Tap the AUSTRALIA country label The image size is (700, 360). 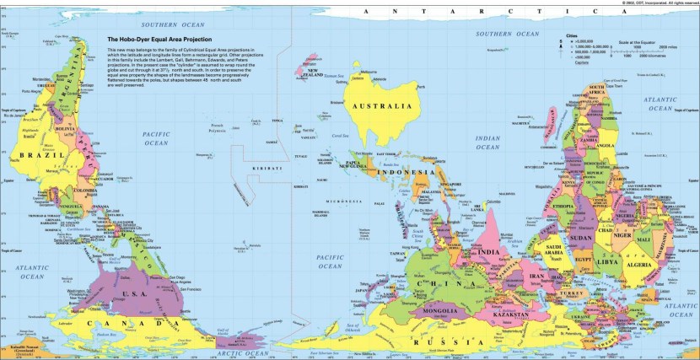pyautogui.click(x=382, y=107)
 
